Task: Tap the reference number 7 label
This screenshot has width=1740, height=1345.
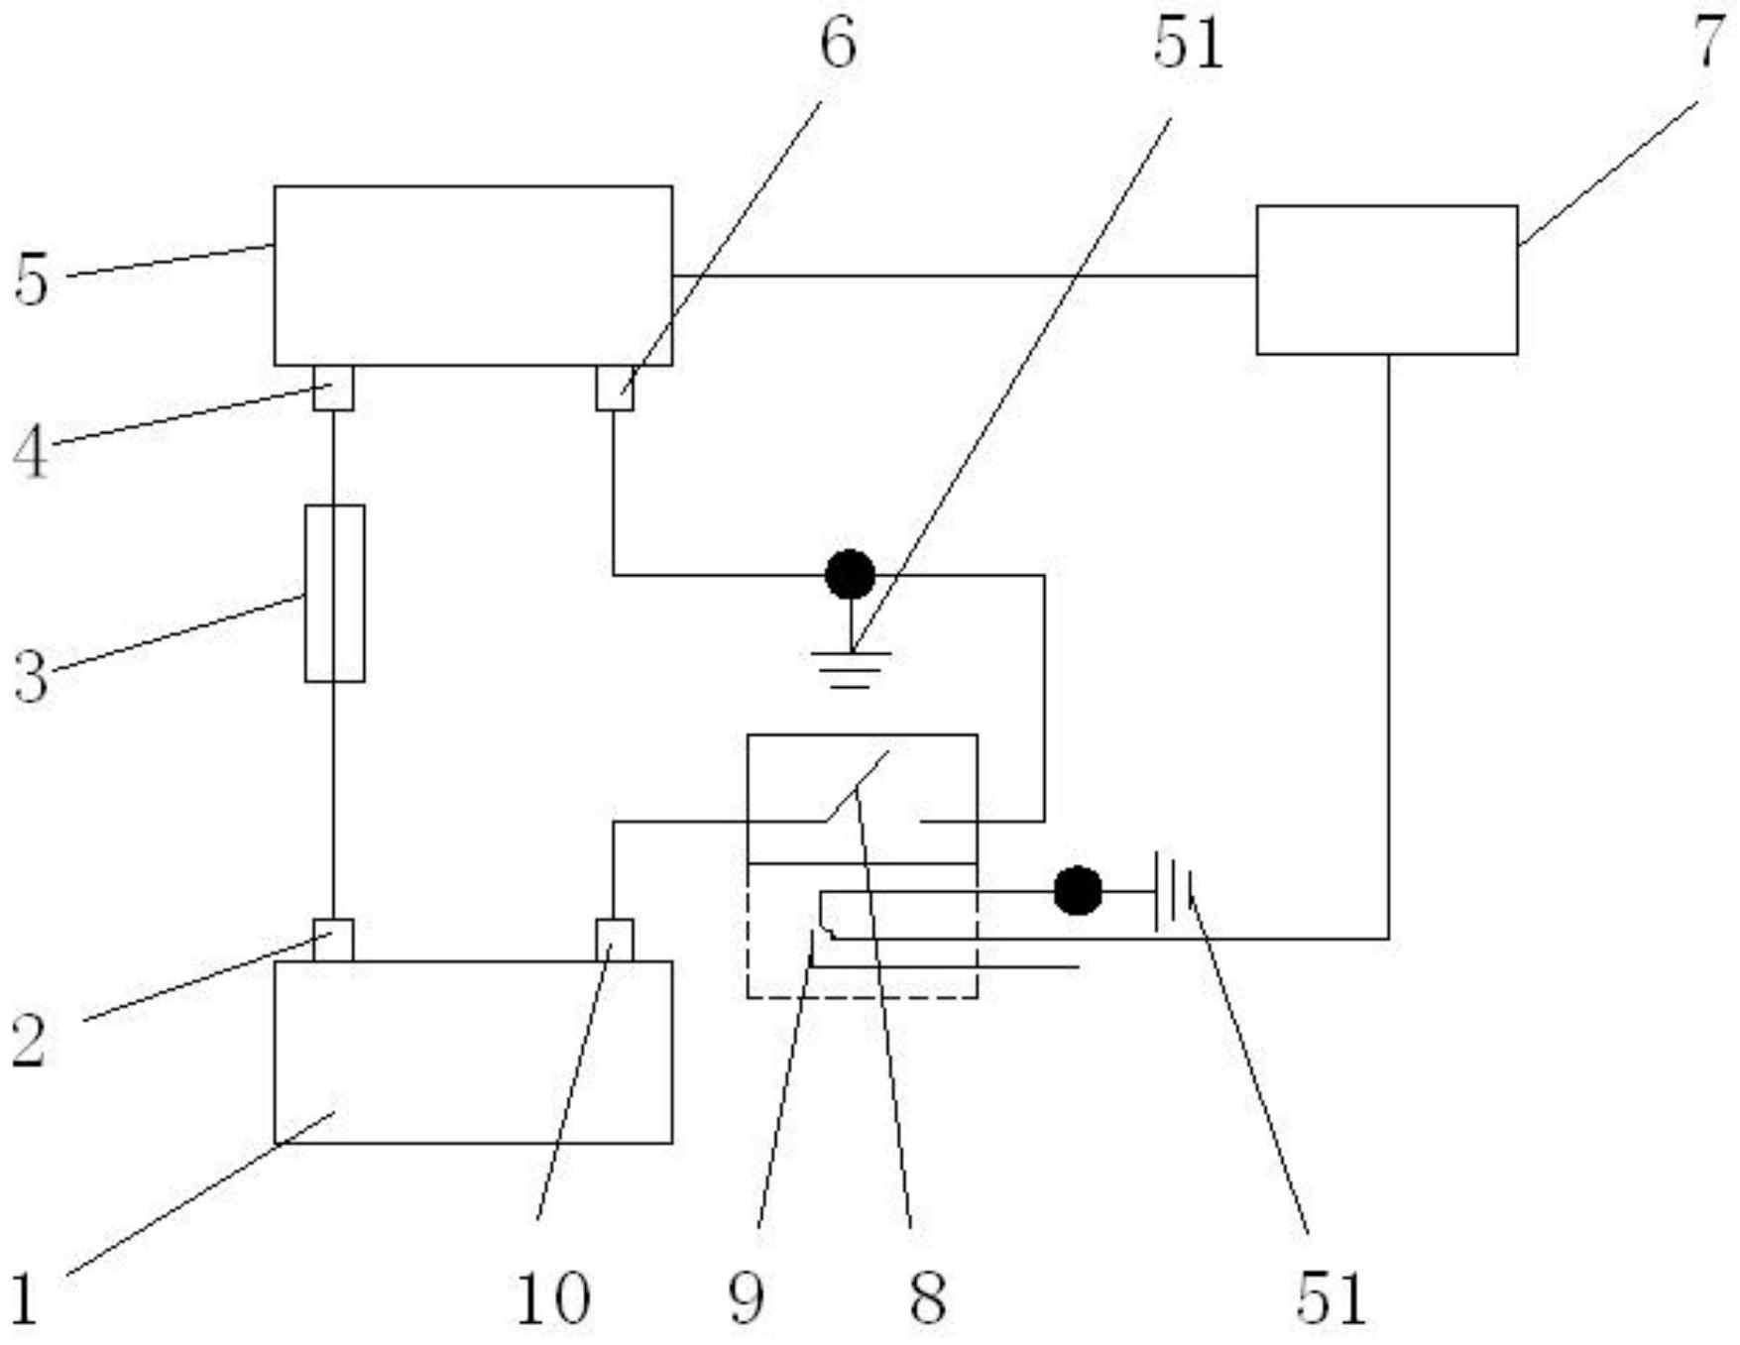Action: (x=1707, y=43)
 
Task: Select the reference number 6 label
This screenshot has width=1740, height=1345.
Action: (x=838, y=45)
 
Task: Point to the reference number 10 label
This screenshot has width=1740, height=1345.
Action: (x=553, y=1298)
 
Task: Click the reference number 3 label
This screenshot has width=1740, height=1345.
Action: (x=31, y=679)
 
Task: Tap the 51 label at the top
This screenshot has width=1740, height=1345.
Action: (x=1188, y=45)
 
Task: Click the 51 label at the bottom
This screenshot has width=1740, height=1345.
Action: (x=1332, y=1298)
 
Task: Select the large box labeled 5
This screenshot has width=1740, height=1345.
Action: (x=473, y=276)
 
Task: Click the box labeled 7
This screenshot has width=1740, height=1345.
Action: (x=1387, y=280)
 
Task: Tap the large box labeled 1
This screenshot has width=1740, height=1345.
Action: (x=473, y=1052)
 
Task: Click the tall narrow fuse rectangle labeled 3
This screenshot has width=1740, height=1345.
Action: (x=334, y=594)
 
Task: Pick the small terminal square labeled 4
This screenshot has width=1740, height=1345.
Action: (x=333, y=388)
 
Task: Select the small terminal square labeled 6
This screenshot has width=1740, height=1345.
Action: (x=615, y=388)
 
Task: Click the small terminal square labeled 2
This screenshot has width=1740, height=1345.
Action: (x=333, y=940)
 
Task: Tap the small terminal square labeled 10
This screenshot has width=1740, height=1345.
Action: (x=615, y=940)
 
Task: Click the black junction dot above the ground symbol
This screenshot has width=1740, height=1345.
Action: (x=851, y=574)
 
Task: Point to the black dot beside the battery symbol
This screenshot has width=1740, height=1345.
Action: (x=1078, y=890)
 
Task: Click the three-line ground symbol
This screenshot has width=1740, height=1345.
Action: (x=851, y=669)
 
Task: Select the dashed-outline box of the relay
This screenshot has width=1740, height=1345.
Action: (x=862, y=931)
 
